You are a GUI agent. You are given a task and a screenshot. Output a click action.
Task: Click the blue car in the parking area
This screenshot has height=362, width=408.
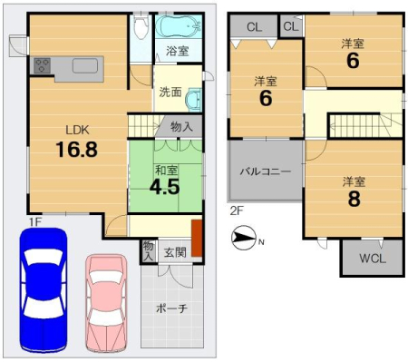pyautogui.click(x=44, y=290)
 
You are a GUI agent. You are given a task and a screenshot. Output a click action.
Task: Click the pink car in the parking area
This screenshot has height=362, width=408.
pyautogui.click(x=106, y=303)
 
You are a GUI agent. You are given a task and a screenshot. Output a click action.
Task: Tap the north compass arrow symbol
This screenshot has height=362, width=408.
pyautogui.click(x=244, y=238)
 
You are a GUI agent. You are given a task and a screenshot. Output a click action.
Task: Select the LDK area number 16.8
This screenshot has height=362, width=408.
pyautogui.click(x=77, y=150)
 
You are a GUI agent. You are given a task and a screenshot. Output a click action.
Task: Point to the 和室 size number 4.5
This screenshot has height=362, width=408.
pyautogui.click(x=165, y=187)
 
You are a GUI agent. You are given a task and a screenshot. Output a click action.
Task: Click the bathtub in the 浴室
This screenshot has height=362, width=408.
pyautogui.click(x=179, y=26)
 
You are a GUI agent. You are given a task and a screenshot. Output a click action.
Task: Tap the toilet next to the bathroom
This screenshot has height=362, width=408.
pyautogui.click(x=141, y=26)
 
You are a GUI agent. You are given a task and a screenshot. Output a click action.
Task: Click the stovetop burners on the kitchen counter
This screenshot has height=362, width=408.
pyautogui.click(x=42, y=65)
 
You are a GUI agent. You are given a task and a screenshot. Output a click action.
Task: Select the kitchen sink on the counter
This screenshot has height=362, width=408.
pyautogui.click(x=85, y=65)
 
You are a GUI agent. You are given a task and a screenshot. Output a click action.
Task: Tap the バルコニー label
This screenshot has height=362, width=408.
pyautogui.click(x=266, y=171)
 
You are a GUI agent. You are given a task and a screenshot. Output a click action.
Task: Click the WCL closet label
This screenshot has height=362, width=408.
pyautogui.click(x=373, y=259)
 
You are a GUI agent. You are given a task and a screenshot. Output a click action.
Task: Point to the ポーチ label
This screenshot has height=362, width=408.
pyautogui.click(x=171, y=308)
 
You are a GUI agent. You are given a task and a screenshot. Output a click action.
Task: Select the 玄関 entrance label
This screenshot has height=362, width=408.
pyautogui.click(x=175, y=252)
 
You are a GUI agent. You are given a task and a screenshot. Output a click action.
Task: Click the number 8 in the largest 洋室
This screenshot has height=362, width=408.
pyautogui.click(x=354, y=199)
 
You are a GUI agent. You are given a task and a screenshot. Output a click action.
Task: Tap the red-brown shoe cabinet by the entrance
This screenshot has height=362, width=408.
pyautogui.click(x=197, y=238)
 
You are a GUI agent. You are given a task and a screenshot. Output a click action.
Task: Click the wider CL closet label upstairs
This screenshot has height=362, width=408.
pyautogui.click(x=254, y=27)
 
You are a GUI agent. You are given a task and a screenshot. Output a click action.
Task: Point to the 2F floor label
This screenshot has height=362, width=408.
pyautogui.click(x=237, y=210)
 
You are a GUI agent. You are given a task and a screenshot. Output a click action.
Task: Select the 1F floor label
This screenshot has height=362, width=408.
pyautogui.click(x=34, y=222)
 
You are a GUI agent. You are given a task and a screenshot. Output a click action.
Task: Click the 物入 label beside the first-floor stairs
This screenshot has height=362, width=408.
pyautogui.click(x=181, y=126)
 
